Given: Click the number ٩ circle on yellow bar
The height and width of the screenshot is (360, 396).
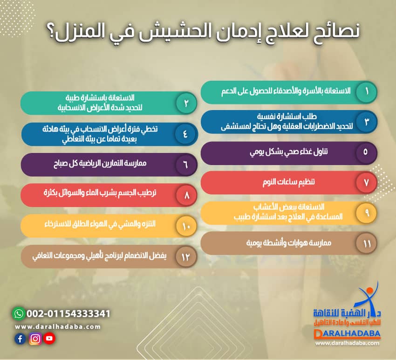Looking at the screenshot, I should point(367,213).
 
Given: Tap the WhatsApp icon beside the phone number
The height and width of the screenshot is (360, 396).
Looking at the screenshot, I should point(18,313).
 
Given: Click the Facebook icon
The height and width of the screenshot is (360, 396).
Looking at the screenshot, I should point(20,339).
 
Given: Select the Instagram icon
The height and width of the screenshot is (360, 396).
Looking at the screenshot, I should point(34,339).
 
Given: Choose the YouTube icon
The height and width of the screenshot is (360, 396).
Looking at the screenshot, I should point(49,339).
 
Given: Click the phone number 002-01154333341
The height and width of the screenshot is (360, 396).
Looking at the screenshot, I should point(68,313).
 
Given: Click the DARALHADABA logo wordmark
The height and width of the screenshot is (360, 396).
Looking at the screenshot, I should point(347,334).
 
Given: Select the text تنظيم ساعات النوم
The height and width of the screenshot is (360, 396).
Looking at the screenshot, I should point(287,182).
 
